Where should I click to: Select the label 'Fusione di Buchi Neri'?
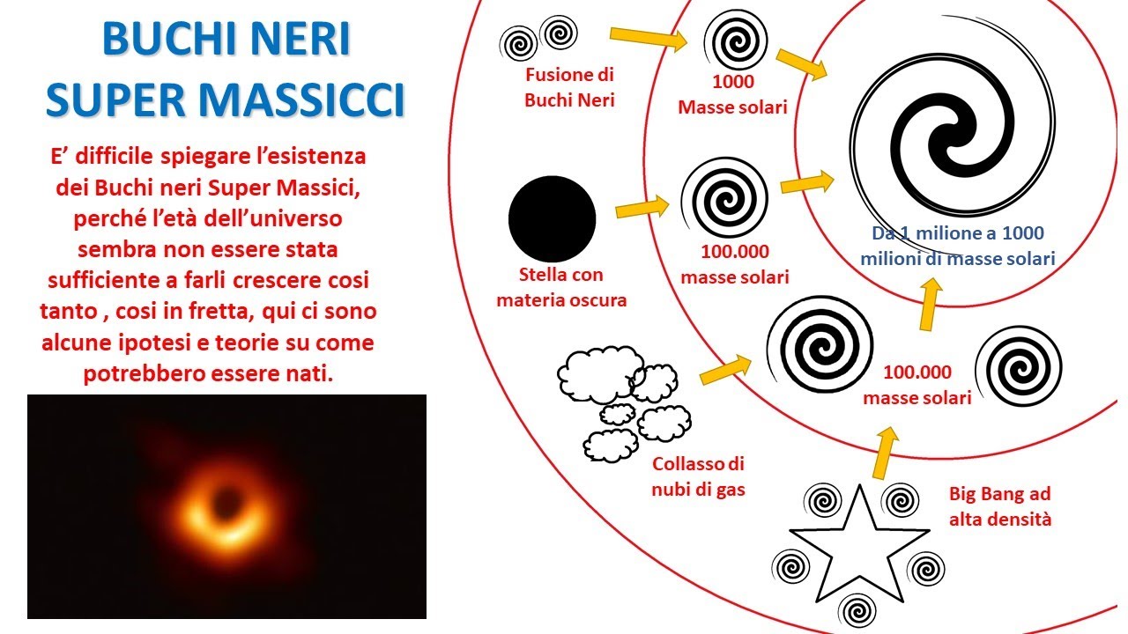[569, 87]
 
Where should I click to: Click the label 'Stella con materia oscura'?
[561, 287]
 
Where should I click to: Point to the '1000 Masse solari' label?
[732, 95]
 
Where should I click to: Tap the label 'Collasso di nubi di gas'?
[699, 476]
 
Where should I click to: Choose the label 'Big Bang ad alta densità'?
[999, 506]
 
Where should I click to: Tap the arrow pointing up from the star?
[885, 453]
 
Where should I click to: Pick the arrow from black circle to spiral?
[641, 208]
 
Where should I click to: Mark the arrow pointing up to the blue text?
[927, 304]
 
